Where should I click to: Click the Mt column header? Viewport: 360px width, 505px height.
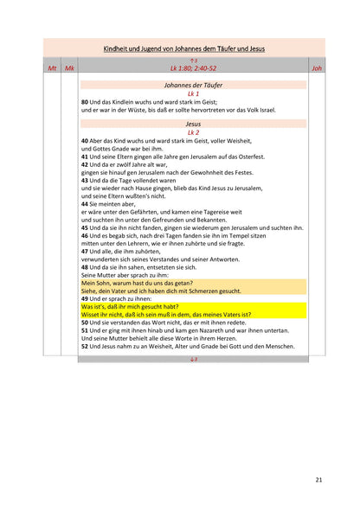(x=52, y=67)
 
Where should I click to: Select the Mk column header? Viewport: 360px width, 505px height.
(x=69, y=67)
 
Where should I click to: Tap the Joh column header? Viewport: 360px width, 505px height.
(x=316, y=67)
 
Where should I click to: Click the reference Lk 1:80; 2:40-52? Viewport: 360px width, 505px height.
(x=193, y=67)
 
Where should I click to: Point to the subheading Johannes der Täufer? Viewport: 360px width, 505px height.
(x=193, y=85)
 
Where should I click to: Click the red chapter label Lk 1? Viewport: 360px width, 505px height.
(x=193, y=93)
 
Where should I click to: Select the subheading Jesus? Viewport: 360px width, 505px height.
(x=193, y=124)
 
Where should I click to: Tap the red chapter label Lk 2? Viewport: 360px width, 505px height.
(x=193, y=131)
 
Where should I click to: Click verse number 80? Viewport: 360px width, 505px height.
(x=85, y=102)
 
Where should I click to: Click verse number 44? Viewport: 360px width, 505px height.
(x=85, y=203)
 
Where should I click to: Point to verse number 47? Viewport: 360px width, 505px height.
(x=85, y=251)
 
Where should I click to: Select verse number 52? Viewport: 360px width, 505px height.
(x=85, y=346)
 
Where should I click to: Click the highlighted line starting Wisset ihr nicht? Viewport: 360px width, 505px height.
(x=164, y=315)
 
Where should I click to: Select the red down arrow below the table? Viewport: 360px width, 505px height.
(x=193, y=358)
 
